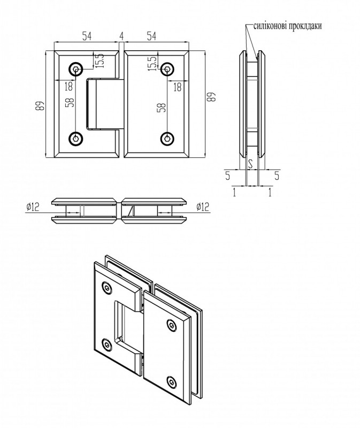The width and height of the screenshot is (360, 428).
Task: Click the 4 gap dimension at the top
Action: tap(121, 36)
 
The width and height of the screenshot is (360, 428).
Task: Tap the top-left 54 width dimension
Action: tap(87, 36)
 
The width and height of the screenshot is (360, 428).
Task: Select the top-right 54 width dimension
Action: tap(151, 36)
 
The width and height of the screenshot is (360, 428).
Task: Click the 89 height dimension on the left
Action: tap(40, 105)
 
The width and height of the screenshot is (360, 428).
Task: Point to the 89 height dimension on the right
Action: tap(211, 96)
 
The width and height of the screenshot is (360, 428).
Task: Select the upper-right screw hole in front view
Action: tap(167, 70)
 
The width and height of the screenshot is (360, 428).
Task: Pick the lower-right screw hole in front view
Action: tap(167, 138)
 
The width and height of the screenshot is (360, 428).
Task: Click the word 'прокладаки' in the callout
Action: tap(304, 26)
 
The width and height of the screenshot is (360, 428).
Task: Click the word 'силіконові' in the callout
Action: tap(269, 26)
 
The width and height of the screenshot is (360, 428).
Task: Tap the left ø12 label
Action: tap(33, 207)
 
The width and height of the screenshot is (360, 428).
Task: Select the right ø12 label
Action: tap(203, 207)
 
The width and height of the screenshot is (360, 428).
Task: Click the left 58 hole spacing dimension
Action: tap(70, 102)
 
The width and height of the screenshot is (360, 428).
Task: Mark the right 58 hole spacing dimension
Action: tap(162, 108)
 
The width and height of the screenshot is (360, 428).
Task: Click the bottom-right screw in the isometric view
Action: tap(171, 381)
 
